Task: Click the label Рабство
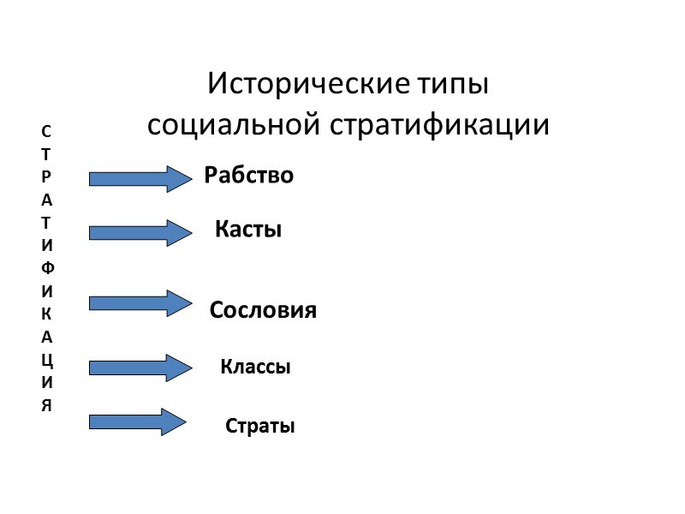249,176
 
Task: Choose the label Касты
248,230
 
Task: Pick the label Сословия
264,310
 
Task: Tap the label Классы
256,368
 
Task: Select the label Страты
260,427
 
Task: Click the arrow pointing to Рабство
140,178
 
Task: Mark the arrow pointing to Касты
140,232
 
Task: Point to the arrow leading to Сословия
140,302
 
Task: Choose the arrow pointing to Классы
140,368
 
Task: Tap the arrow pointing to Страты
138,421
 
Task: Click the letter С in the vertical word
46,132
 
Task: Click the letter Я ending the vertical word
46,405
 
